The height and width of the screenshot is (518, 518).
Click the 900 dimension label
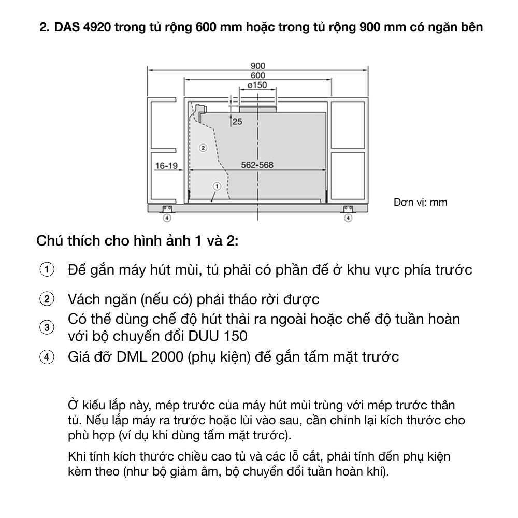pos(257,66)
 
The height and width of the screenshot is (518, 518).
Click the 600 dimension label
pos(257,75)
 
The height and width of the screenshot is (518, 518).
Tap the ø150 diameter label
pos(257,85)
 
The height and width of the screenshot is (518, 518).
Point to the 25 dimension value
pos(237,122)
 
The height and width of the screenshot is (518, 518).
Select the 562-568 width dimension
pos(257,165)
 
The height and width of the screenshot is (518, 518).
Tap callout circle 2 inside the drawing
pos(203,148)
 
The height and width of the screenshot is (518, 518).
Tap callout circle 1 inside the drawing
pos(217,185)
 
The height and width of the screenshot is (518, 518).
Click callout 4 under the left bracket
pos(167,218)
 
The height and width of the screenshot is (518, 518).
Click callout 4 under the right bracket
pos(348,218)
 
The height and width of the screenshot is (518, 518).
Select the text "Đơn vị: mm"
pos(420,202)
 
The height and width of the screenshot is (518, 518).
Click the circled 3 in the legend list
pos(47,328)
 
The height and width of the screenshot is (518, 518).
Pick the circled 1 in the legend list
pos(47,270)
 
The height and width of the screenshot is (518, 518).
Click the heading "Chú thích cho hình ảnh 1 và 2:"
pos(138,241)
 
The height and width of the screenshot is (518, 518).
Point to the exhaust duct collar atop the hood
pos(257,108)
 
